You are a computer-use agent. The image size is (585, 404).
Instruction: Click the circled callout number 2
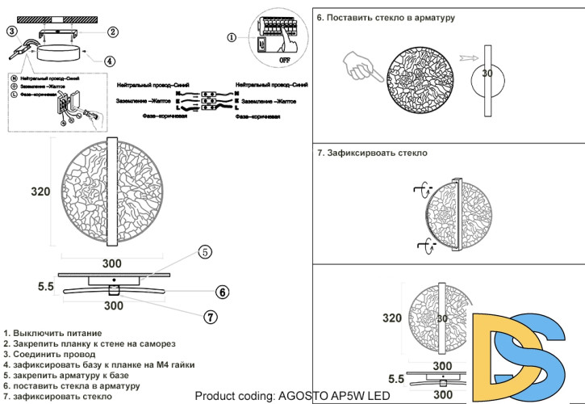point(113,32)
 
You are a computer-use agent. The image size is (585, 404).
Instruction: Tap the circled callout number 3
point(11,32)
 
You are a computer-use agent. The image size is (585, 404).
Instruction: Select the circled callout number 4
point(110,60)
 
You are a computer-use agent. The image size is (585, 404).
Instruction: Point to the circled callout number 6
point(222,292)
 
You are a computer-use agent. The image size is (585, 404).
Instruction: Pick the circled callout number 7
point(210,317)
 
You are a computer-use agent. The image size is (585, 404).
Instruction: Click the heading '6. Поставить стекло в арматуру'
point(386,16)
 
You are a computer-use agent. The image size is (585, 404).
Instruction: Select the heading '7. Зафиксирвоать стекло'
point(372,152)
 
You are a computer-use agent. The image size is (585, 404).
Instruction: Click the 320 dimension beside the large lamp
point(41,191)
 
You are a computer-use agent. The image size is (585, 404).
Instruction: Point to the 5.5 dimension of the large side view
point(45,286)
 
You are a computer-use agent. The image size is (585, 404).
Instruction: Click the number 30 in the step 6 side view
point(487,74)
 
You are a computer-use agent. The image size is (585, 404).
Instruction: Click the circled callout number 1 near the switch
point(232,37)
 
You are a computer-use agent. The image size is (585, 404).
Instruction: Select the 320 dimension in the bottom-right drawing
point(391,318)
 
